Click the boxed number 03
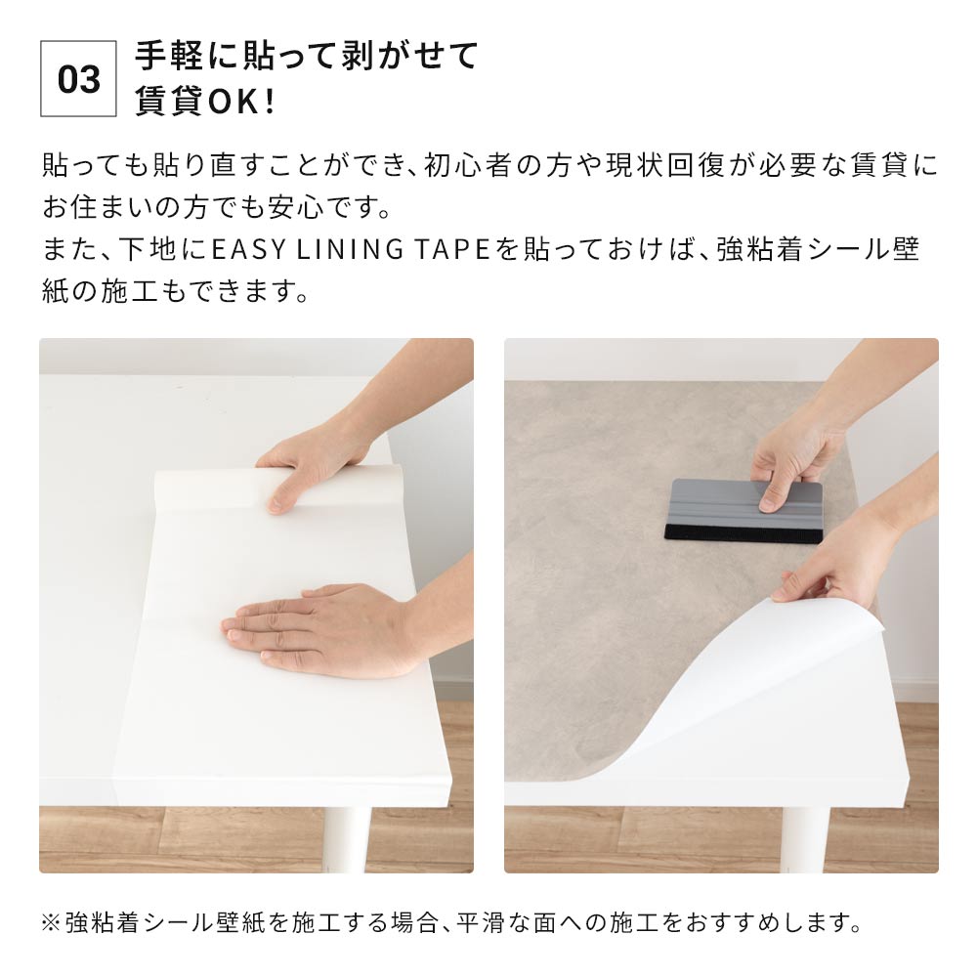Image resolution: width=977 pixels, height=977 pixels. coord(78,79)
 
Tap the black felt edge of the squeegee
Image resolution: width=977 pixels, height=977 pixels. coord(743,533)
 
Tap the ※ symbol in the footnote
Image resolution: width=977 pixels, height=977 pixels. coord(51,921)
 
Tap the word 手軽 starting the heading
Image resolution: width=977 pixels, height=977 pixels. coord(166,56)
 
